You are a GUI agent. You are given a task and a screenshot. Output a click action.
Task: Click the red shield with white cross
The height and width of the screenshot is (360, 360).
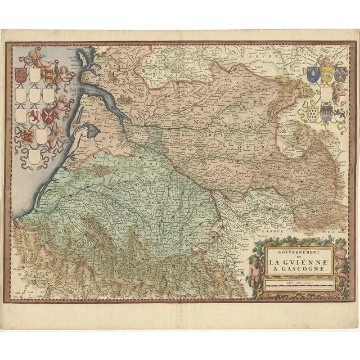tap(50, 116)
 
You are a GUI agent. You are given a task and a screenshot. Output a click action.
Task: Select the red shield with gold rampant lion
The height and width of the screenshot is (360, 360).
tap(35, 116)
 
